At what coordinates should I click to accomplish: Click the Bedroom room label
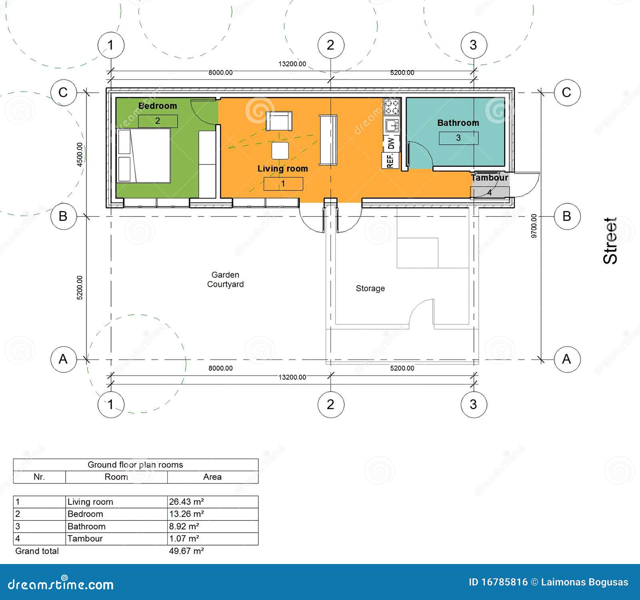pyautogui.click(x=158, y=106)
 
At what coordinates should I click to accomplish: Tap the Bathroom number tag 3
pyautogui.click(x=458, y=138)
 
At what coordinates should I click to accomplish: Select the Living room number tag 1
pyautogui.click(x=283, y=184)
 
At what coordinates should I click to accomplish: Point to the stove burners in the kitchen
pyautogui.click(x=392, y=107)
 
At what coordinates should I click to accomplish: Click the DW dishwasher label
pyautogui.click(x=391, y=143)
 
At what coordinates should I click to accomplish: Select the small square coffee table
pyautogui.click(x=280, y=151)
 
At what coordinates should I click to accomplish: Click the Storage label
pyautogui.click(x=370, y=288)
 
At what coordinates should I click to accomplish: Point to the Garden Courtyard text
pyautogui.click(x=225, y=280)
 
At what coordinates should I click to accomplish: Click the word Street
pyautogui.click(x=610, y=241)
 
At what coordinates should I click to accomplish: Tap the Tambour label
pyautogui.click(x=490, y=178)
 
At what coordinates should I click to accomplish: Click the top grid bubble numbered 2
pyautogui.click(x=330, y=45)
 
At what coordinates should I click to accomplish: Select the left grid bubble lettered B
pyautogui.click(x=63, y=216)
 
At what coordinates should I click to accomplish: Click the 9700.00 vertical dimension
pyautogui.click(x=534, y=226)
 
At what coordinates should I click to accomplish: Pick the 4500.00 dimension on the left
pyautogui.click(x=80, y=154)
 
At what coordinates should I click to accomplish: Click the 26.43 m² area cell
pyautogui.click(x=186, y=502)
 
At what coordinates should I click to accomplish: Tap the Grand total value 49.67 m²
pyautogui.click(x=186, y=551)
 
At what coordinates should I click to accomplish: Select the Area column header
pyautogui.click(x=212, y=477)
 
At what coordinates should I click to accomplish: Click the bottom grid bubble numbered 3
pyautogui.click(x=473, y=404)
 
